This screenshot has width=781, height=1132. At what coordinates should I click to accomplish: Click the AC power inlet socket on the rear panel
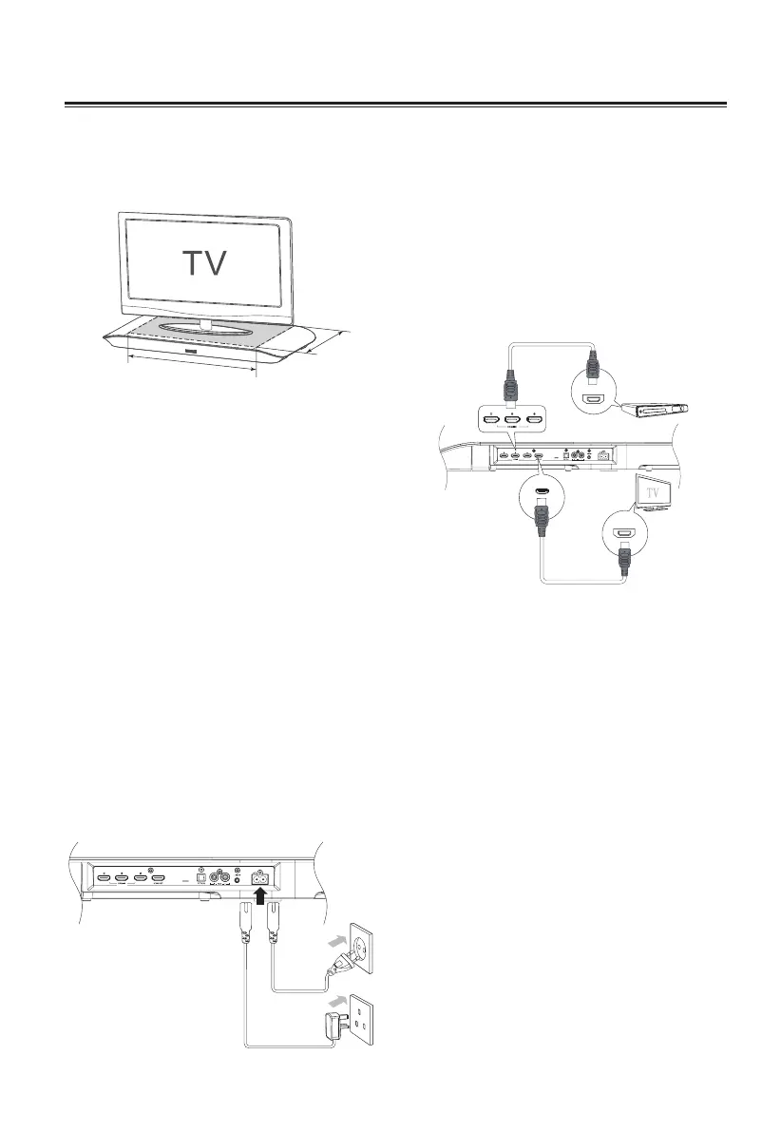257,878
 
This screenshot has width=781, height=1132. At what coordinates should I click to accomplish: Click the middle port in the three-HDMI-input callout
513,419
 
